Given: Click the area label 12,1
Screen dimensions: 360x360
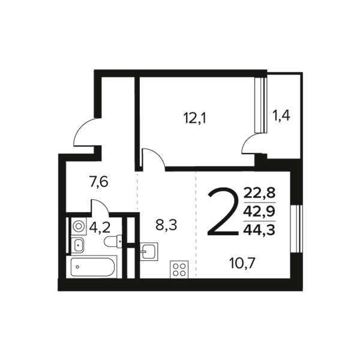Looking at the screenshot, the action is (195, 118).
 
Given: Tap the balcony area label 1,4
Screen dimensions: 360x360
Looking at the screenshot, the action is (281, 115).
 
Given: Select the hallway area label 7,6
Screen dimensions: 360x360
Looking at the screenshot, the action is (98, 182).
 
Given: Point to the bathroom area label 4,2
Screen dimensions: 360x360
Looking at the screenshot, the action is (100, 228).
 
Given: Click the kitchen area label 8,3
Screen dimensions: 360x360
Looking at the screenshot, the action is (166, 225).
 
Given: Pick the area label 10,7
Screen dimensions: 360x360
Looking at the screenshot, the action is (242, 263).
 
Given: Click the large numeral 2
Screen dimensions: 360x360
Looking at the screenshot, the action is (223, 211).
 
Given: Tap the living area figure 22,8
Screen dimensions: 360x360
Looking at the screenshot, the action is (259, 193).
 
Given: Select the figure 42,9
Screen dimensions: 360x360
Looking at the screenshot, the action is (259, 211).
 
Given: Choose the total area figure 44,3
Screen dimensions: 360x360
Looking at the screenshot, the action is (259, 230).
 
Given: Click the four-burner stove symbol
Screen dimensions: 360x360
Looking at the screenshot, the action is (179, 269).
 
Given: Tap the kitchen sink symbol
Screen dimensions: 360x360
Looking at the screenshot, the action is (149, 251).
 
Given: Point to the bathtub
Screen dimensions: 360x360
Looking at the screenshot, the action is (92, 267).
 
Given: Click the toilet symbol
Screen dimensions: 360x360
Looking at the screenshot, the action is (113, 241).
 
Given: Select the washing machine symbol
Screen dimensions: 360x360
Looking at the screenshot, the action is (79, 226).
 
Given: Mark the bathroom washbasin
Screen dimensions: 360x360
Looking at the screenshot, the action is (77, 245).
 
